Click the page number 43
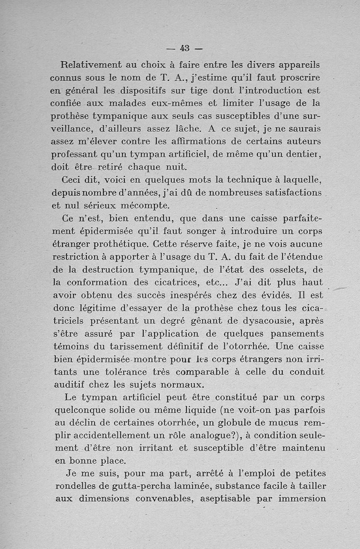pos(184,48)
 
